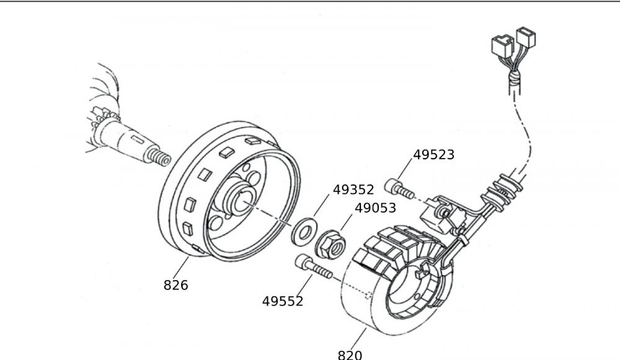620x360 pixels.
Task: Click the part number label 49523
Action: tap(433, 155)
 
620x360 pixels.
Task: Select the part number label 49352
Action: tap(353, 190)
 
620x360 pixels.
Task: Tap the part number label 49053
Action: tap(374, 208)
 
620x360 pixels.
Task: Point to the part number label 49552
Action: tap(283, 301)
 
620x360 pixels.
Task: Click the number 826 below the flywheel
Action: tap(175, 285)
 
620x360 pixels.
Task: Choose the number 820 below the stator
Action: tap(350, 354)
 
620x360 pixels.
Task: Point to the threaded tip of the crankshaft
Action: tap(160, 158)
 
